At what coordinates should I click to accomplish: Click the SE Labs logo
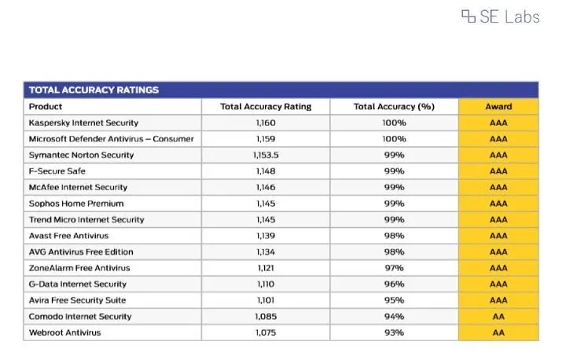pyautogui.click(x=501, y=17)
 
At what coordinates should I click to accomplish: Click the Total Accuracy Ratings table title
pyautogui.click(x=94, y=90)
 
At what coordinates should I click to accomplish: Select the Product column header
pyautogui.click(x=46, y=107)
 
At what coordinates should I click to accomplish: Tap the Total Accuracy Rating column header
pyautogui.click(x=266, y=107)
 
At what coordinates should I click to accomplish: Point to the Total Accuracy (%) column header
pyautogui.click(x=394, y=107)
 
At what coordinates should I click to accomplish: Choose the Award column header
pyautogui.click(x=498, y=107)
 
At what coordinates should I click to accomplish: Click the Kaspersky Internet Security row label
pyautogui.click(x=83, y=123)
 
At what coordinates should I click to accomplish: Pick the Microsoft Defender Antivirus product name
pyautogui.click(x=111, y=139)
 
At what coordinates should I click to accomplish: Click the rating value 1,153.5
pyautogui.click(x=266, y=155)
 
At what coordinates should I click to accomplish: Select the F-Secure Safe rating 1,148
pyautogui.click(x=266, y=171)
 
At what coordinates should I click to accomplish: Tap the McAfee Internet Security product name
pyautogui.click(x=78, y=187)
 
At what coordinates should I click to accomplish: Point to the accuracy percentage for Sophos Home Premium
pyautogui.click(x=394, y=204)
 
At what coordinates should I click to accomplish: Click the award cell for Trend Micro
pyautogui.click(x=498, y=219)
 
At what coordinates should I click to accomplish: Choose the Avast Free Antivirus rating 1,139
pyautogui.click(x=266, y=236)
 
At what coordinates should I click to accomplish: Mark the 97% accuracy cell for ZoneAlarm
pyautogui.click(x=394, y=268)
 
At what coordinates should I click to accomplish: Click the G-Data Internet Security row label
pyautogui.click(x=78, y=285)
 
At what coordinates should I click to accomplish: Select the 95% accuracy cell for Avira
pyautogui.click(x=394, y=300)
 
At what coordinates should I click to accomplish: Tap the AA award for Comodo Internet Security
pyautogui.click(x=498, y=317)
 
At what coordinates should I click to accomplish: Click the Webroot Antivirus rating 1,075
pyautogui.click(x=266, y=332)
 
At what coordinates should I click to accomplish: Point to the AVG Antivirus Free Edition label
pyautogui.click(x=81, y=252)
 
